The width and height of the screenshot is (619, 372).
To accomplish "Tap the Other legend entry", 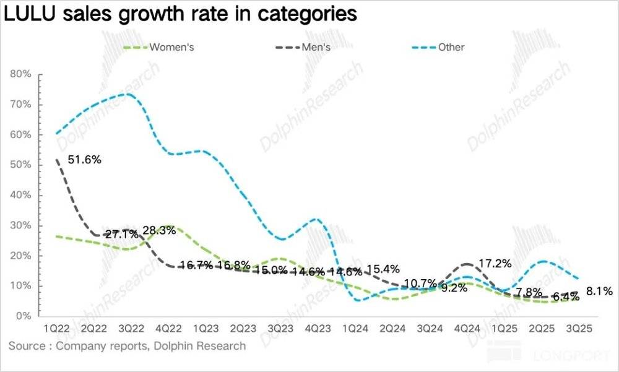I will coord(451,47).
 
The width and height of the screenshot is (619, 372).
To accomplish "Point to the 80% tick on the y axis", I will coord(21,74).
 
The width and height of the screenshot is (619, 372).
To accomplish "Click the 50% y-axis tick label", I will coord(21,165).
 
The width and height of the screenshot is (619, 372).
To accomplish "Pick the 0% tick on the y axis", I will coord(24,316).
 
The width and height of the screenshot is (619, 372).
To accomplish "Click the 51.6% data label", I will coord(84,160).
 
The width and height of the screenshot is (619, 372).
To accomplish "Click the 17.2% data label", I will coord(495,263).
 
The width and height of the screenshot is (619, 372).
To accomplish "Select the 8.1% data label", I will coord(599,290).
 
